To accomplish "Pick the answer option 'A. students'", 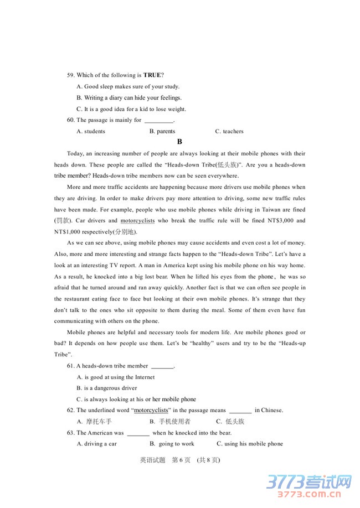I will [91, 131].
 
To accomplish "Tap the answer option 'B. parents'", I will [162, 131].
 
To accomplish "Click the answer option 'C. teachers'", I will [229, 131].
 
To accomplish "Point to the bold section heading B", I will [179, 142].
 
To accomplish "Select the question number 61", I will [70, 366].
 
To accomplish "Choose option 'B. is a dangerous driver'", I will [107, 388].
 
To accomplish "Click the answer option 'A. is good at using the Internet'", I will [116, 377].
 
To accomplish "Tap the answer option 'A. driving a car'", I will [97, 444].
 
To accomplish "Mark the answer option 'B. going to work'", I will [172, 444].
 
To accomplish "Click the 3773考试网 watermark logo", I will [310, 484].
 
